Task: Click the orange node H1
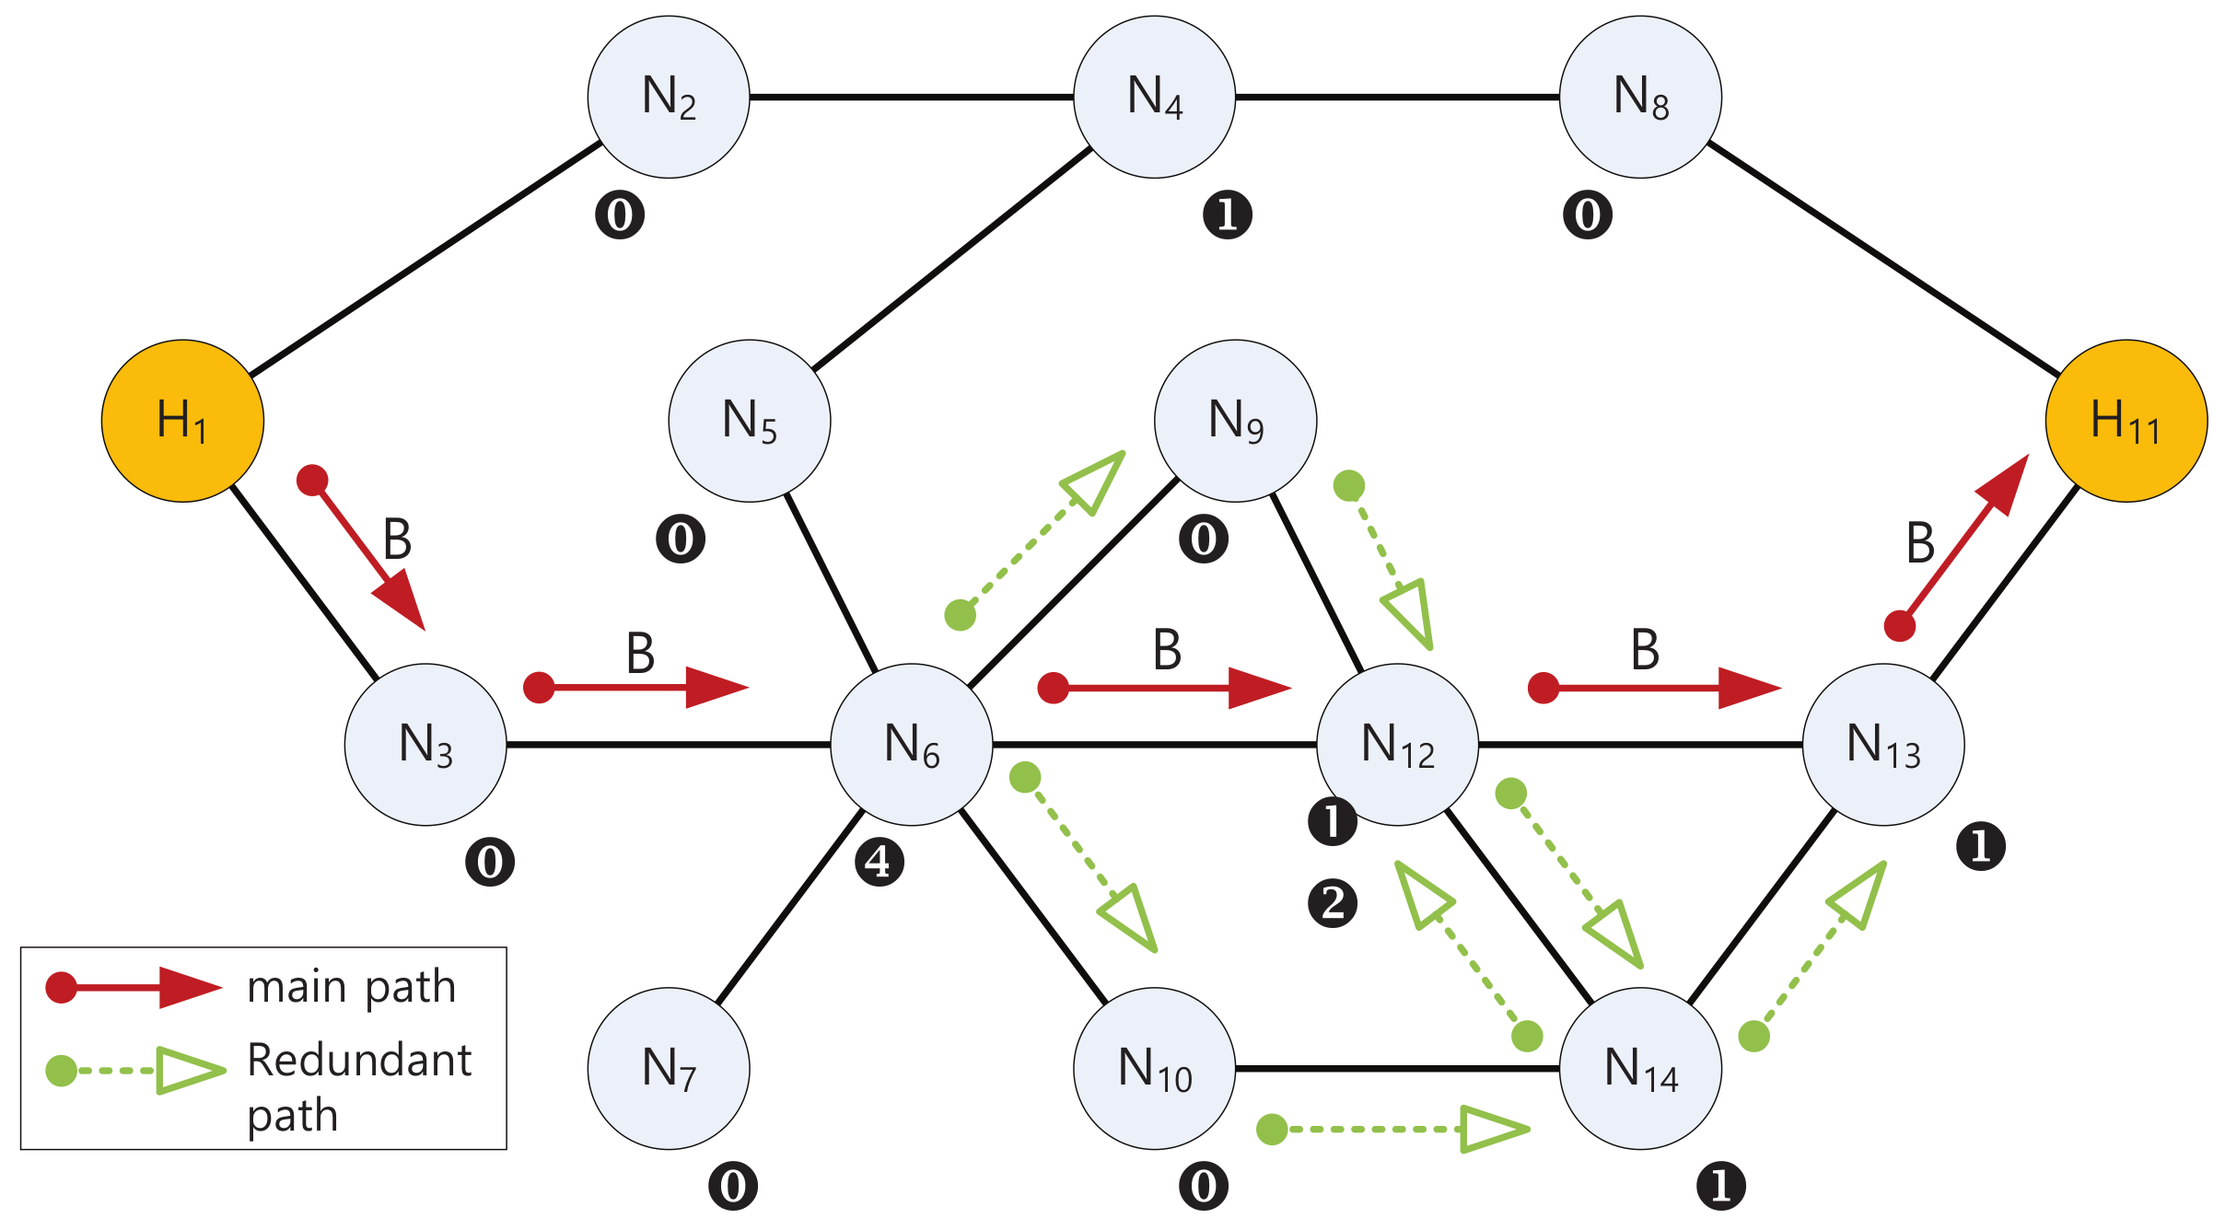pos(182,421)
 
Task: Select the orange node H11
pos(2126,421)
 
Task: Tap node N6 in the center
pos(911,744)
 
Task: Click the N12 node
pos(1397,744)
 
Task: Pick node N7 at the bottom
pos(669,1068)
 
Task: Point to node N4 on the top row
pos(1154,97)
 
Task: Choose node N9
pos(1235,421)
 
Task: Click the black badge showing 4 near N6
pos(879,862)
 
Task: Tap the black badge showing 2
pos(1332,902)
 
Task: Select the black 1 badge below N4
pos(1227,215)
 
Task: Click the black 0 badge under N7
pos(733,1186)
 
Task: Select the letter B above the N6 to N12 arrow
pos(1167,650)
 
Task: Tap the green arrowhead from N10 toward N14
pos(1492,1129)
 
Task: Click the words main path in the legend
pos(352,987)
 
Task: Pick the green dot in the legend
pos(62,1071)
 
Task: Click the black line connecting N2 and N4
pos(912,97)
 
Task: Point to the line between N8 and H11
pos(1883,259)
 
